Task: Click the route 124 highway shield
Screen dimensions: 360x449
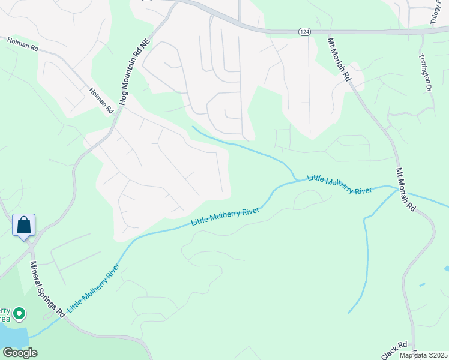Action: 304,32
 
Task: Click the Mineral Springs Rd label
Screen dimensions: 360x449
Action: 47,289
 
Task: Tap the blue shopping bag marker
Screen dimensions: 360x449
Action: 24,226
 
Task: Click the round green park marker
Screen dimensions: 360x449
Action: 19,313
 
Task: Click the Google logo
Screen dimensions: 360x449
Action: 20,353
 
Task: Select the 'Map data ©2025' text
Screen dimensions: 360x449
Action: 423,355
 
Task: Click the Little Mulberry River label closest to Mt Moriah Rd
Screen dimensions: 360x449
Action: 339,185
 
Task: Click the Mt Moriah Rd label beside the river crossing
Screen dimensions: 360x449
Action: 405,188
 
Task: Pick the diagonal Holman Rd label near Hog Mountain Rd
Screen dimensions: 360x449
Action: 101,100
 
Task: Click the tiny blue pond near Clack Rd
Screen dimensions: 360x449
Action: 423,284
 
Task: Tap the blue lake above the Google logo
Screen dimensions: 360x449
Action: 13,336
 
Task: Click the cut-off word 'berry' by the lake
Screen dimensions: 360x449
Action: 5,311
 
